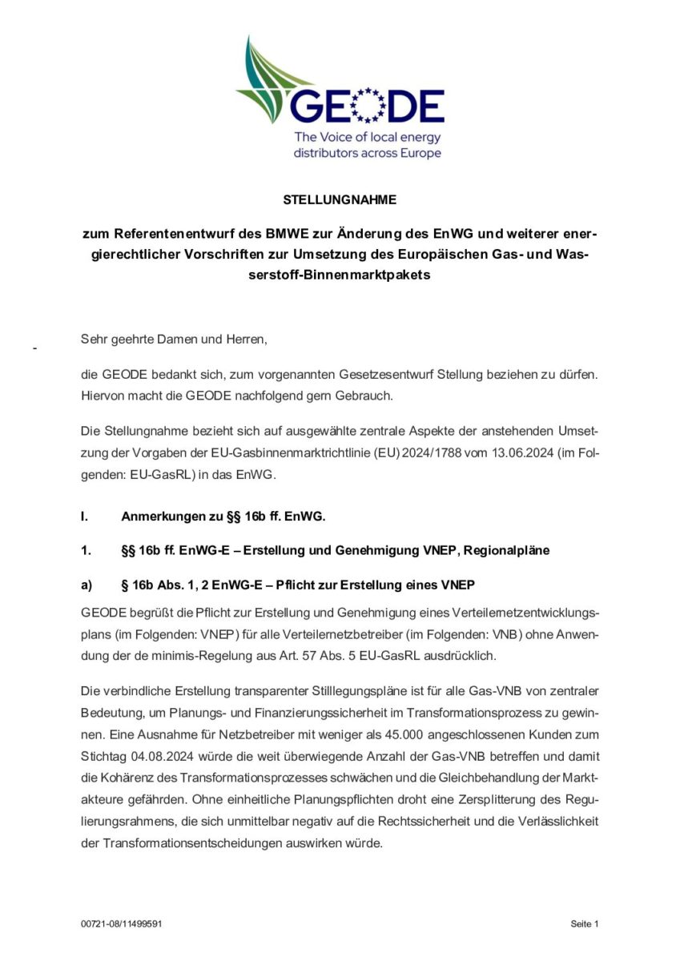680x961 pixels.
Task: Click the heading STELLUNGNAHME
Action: click(x=340, y=200)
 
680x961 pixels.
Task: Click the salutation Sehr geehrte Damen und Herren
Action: click(x=173, y=340)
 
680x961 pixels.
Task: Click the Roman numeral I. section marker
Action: click(x=84, y=517)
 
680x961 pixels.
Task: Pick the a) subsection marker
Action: click(x=87, y=585)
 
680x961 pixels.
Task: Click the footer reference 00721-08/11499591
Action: click(x=122, y=924)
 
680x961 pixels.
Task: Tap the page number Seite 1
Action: click(x=585, y=924)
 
